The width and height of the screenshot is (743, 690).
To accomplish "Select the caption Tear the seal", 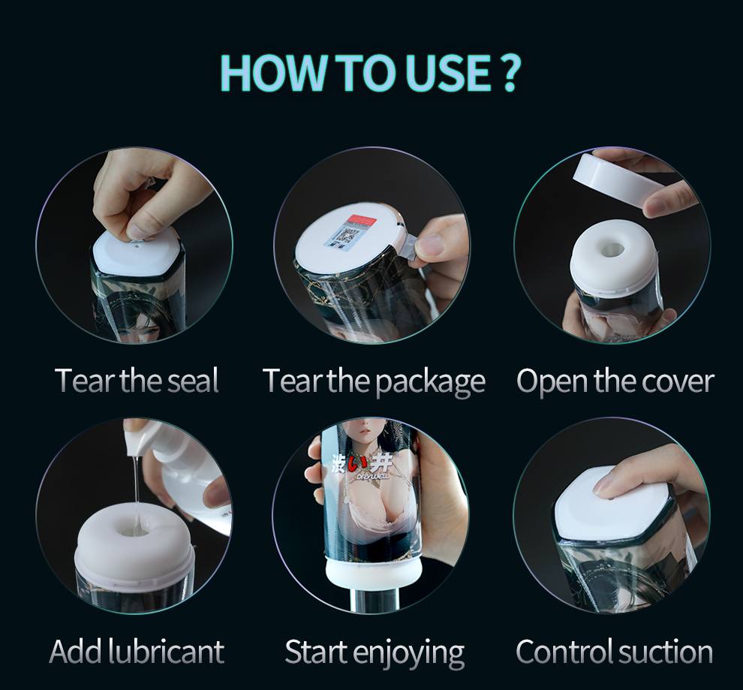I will [x=137, y=381].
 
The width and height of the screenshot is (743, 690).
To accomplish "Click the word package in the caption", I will [x=430, y=383].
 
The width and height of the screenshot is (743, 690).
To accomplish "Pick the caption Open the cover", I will [x=615, y=381].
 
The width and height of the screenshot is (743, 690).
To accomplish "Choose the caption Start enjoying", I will [x=375, y=652].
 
